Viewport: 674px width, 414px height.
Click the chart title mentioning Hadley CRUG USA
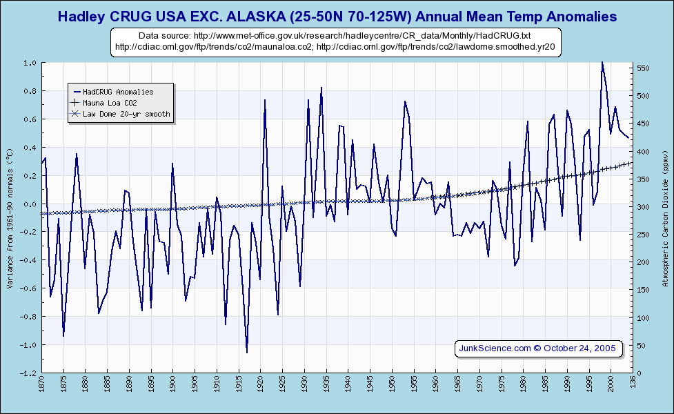point(337,16)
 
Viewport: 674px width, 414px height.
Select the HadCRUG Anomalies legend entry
point(117,91)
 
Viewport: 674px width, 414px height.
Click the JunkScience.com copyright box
point(538,348)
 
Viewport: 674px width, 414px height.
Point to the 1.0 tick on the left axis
point(30,63)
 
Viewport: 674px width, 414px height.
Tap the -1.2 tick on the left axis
point(29,373)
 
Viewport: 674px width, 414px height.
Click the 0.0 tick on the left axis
point(30,204)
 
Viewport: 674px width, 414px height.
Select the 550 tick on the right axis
point(643,68)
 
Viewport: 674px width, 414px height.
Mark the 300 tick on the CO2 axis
point(643,207)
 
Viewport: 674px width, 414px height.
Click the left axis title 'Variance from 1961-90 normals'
point(10,217)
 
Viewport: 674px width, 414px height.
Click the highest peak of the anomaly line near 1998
point(602,62)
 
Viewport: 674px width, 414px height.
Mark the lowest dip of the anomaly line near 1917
point(247,353)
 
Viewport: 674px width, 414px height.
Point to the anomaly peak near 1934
point(321,88)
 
